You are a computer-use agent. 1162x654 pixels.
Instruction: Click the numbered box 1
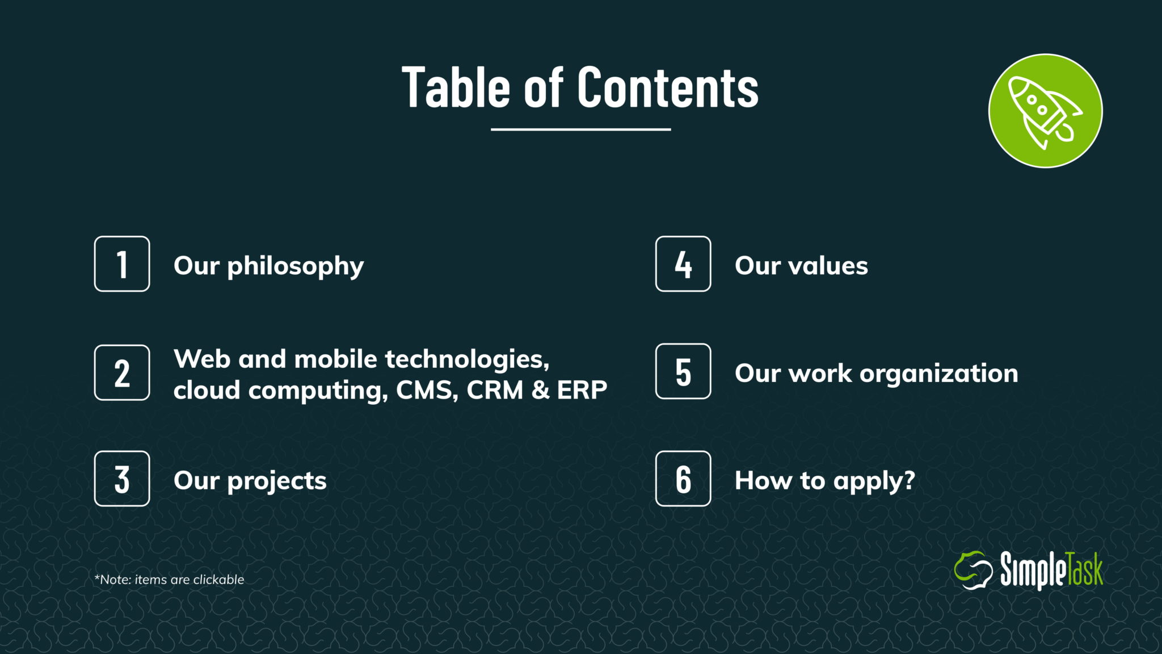(x=122, y=264)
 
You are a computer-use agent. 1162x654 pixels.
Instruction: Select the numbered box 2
(x=122, y=372)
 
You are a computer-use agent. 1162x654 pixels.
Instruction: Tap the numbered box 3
(x=122, y=479)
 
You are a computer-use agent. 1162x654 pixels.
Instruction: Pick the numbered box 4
(x=683, y=264)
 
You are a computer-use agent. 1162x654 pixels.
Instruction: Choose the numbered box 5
(x=683, y=371)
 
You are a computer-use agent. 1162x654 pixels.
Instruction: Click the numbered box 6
(x=683, y=479)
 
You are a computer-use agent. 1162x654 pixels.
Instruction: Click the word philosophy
(x=296, y=267)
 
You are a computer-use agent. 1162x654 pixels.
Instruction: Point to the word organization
(x=939, y=374)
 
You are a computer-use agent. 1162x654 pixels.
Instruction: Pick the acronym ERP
(x=582, y=390)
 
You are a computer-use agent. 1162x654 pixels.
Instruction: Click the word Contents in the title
(x=668, y=87)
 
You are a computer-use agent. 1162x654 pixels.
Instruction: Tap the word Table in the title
(x=456, y=87)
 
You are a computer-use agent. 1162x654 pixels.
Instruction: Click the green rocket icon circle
(x=1046, y=111)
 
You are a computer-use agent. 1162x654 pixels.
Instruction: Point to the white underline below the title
(x=581, y=129)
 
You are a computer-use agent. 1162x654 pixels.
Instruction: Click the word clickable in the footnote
(x=218, y=580)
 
